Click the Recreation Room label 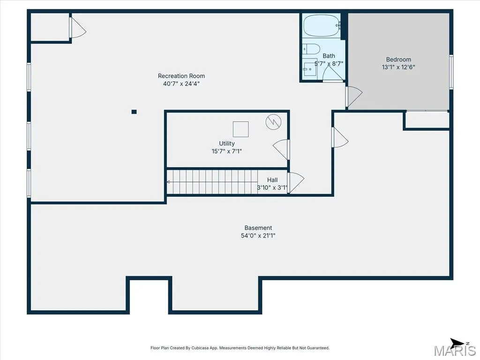[181, 76]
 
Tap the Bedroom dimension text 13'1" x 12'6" [398, 67]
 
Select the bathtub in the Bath [322, 25]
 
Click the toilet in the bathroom [311, 49]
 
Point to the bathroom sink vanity [310, 69]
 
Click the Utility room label [227, 143]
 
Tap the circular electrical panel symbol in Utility [273, 122]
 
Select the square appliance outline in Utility [240, 129]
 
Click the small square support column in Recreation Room [134, 112]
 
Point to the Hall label [272, 180]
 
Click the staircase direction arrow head [168, 182]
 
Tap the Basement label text [258, 228]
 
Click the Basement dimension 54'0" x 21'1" [258, 235]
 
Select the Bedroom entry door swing [354, 97]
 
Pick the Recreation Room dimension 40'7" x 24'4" [181, 83]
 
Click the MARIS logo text [455, 351]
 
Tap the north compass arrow [457, 343]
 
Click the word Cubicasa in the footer [199, 348]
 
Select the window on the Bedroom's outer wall [451, 72]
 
